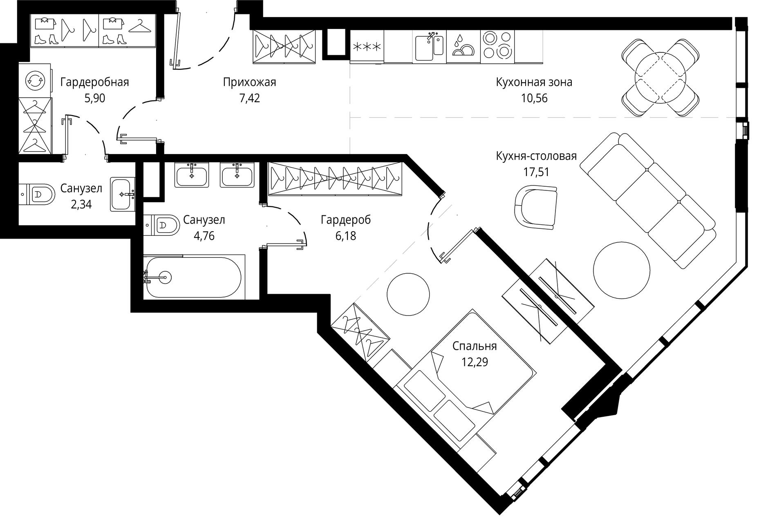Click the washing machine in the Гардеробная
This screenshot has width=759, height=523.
(x=35, y=80)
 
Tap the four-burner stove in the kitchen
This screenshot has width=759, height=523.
(x=497, y=46)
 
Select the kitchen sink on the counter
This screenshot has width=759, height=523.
(x=429, y=46)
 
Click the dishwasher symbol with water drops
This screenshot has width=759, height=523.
(x=463, y=46)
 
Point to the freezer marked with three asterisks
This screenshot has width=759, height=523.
(x=367, y=46)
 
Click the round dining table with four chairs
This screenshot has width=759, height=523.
(x=660, y=78)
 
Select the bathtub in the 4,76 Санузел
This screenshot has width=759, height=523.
(x=194, y=277)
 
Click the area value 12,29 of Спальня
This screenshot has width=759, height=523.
(x=475, y=362)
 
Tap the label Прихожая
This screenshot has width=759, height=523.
(x=249, y=82)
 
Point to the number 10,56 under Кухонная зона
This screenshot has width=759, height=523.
(x=534, y=98)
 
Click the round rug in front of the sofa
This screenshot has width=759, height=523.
(x=621, y=270)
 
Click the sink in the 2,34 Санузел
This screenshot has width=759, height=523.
(x=123, y=194)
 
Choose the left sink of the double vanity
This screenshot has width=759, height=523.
(x=192, y=175)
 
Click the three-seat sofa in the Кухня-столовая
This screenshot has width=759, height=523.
(x=647, y=200)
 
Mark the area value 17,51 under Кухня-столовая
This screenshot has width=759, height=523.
(x=536, y=172)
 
